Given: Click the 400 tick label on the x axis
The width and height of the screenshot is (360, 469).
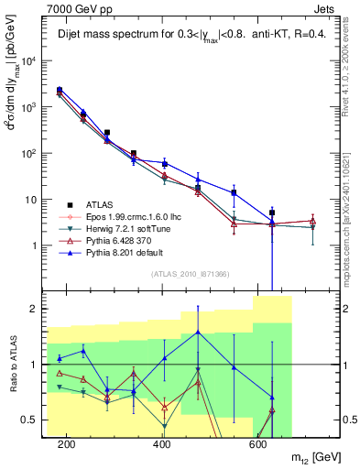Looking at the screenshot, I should point(162,444).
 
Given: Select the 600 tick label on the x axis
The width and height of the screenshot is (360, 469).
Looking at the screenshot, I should point(257,444).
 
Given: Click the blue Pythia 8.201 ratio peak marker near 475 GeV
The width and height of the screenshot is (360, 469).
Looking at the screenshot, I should point(199,332).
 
